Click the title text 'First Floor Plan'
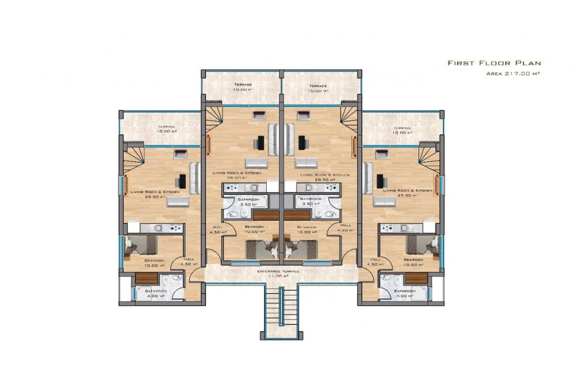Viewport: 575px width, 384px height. tap(494, 63)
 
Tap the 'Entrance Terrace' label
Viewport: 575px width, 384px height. tap(279, 271)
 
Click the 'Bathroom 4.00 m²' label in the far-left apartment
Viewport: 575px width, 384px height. tap(156, 291)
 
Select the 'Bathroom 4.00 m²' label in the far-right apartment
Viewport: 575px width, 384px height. tap(404, 291)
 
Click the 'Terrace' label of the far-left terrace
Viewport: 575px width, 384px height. tap(166, 127)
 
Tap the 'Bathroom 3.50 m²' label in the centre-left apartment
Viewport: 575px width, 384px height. tap(248, 199)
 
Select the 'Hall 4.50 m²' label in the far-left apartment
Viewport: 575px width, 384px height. tap(187, 260)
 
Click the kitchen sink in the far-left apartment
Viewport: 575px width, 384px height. tap(159, 228)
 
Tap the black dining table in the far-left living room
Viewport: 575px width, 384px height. tap(182, 181)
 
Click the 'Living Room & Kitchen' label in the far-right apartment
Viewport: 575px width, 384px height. tap(408, 191)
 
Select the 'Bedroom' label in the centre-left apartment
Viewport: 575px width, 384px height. tap(254, 227)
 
